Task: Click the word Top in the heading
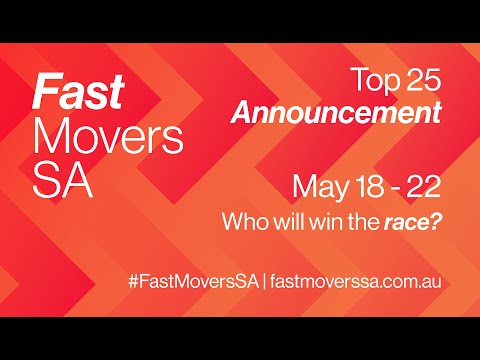pos(373,78)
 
